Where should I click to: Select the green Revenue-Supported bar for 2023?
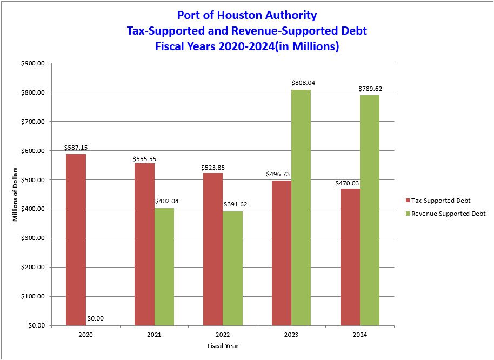click(301, 208)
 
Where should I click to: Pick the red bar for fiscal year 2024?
click(350, 257)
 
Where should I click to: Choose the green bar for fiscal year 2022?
click(232, 268)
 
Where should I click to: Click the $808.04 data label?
click(303, 83)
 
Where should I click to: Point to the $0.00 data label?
click(95, 318)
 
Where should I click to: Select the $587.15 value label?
click(75, 147)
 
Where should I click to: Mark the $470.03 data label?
click(348, 183)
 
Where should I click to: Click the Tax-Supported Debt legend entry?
click(440, 201)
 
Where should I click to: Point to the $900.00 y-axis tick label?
click(33, 63)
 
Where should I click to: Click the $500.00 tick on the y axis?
click(33, 180)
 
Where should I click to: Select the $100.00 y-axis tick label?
click(33, 296)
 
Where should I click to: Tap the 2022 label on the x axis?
click(223, 335)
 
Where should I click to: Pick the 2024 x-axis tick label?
click(360, 335)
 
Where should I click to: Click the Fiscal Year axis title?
click(223, 346)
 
